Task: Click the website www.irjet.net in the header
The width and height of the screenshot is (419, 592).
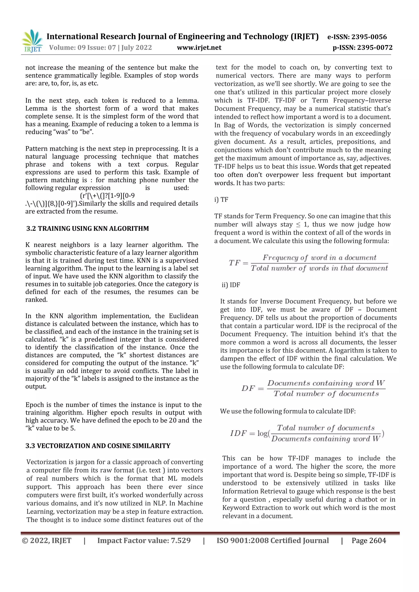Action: click(199, 47)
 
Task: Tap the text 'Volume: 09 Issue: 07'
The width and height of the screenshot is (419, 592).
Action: click(83, 47)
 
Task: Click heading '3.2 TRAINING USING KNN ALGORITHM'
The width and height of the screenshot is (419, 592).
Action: click(88, 228)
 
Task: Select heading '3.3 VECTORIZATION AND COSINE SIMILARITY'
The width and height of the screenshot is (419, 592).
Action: click(98, 446)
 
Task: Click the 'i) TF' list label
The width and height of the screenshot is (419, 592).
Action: click(221, 200)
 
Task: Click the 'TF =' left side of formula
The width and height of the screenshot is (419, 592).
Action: click(238, 263)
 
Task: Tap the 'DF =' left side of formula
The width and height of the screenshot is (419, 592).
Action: click(252, 388)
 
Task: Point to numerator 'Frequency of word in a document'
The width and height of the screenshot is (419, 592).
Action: click(319, 258)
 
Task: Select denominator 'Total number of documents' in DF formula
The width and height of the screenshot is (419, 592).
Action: click(326, 394)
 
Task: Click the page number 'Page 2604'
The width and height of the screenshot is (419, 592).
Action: click(369, 541)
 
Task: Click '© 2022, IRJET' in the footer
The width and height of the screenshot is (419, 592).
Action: click(47, 541)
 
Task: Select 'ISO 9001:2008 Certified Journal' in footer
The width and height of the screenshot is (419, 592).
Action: click(273, 541)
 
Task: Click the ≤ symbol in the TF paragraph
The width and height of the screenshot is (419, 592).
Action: click(298, 224)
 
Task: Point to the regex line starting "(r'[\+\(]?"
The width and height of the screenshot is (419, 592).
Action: click(107, 196)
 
